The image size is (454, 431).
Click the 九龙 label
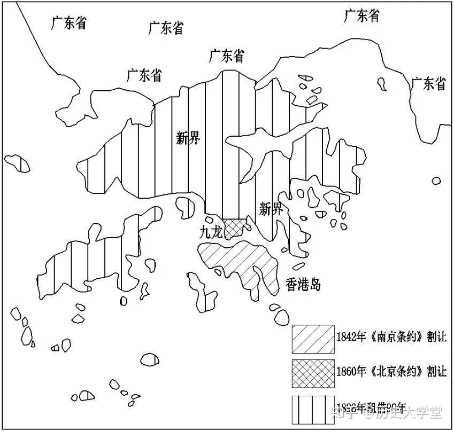tap(209, 233)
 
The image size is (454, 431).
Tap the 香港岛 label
tap(303, 284)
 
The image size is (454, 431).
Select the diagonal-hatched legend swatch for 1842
tap(313, 338)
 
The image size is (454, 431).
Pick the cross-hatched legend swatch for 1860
tap(313, 373)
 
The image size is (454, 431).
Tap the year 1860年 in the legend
tap(351, 371)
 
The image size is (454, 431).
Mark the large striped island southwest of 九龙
tap(107, 251)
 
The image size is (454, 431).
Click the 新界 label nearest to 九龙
tap(271, 209)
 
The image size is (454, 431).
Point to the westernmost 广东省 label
tap(70, 23)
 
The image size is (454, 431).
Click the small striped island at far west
tap(18, 163)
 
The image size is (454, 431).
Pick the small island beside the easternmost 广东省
tap(382, 83)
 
